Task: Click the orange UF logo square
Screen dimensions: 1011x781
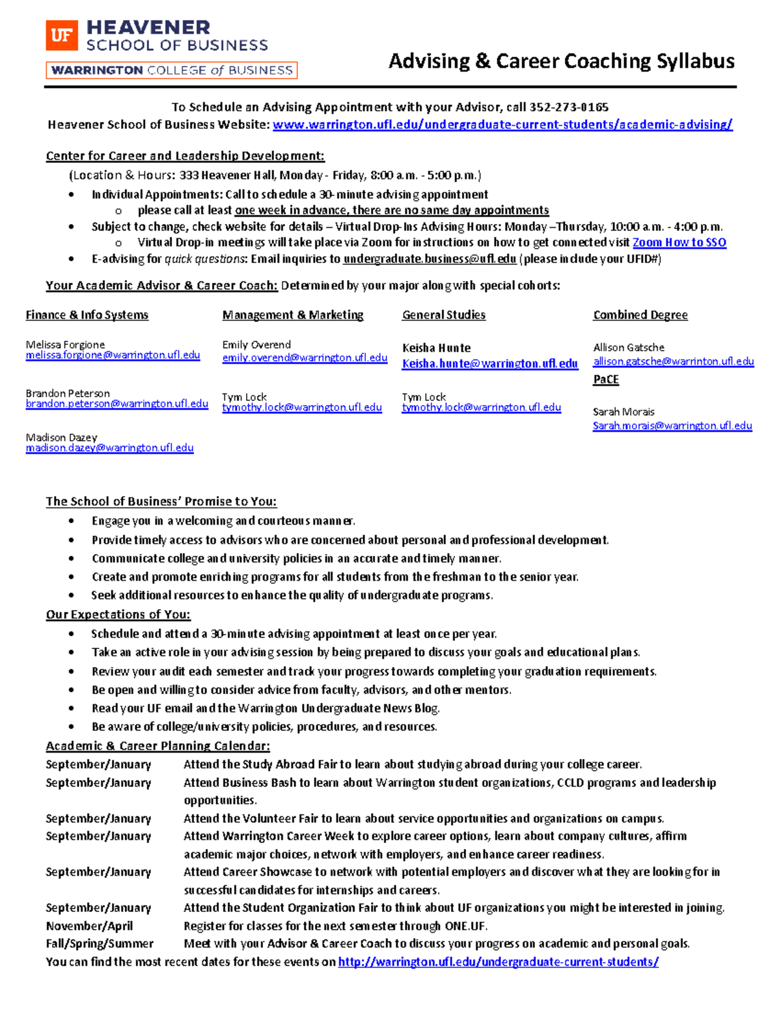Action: (62, 35)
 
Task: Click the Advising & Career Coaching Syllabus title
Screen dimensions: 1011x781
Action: (561, 61)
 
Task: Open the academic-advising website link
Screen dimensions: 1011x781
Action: (502, 124)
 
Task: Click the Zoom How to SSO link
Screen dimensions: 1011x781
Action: (679, 242)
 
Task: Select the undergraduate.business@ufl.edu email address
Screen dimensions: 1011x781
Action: (430, 259)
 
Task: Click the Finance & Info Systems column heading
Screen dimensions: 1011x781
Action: (87, 315)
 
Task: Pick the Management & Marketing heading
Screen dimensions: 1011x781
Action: (293, 315)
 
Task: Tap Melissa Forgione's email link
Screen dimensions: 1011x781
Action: (113, 355)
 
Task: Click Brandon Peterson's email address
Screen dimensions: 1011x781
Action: (116, 404)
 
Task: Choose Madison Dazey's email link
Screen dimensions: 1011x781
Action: (109, 448)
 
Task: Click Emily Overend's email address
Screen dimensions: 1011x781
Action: (305, 358)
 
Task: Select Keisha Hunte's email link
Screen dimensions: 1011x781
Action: (489, 364)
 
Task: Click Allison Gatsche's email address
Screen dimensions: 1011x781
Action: (673, 361)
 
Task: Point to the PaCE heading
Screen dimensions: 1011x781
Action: (605, 380)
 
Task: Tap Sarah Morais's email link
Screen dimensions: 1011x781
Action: (672, 426)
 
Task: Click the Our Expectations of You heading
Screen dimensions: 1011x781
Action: (118, 615)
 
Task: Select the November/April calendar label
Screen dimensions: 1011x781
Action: (89, 926)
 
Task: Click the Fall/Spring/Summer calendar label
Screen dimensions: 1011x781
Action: (100, 943)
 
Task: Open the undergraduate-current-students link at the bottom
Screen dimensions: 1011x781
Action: (498, 962)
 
